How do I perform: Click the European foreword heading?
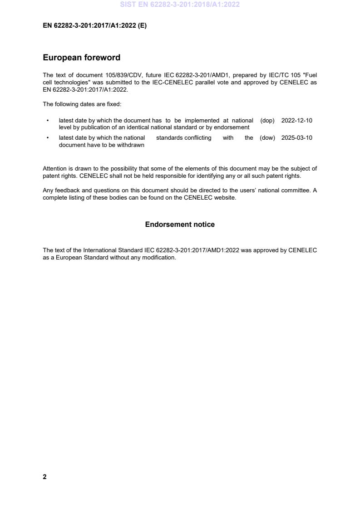[x=81, y=58]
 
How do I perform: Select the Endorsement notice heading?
[x=180, y=225]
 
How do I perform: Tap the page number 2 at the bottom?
[x=44, y=477]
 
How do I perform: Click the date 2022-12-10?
[x=296, y=121]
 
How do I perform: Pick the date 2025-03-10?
[x=296, y=138]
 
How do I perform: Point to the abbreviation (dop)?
[x=267, y=121]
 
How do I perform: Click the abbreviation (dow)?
[x=267, y=138]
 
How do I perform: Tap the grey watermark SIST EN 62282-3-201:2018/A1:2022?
[x=180, y=5]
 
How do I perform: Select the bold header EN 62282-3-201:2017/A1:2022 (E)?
[x=94, y=26]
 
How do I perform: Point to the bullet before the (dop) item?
[x=48, y=121]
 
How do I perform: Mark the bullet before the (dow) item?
[x=48, y=138]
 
